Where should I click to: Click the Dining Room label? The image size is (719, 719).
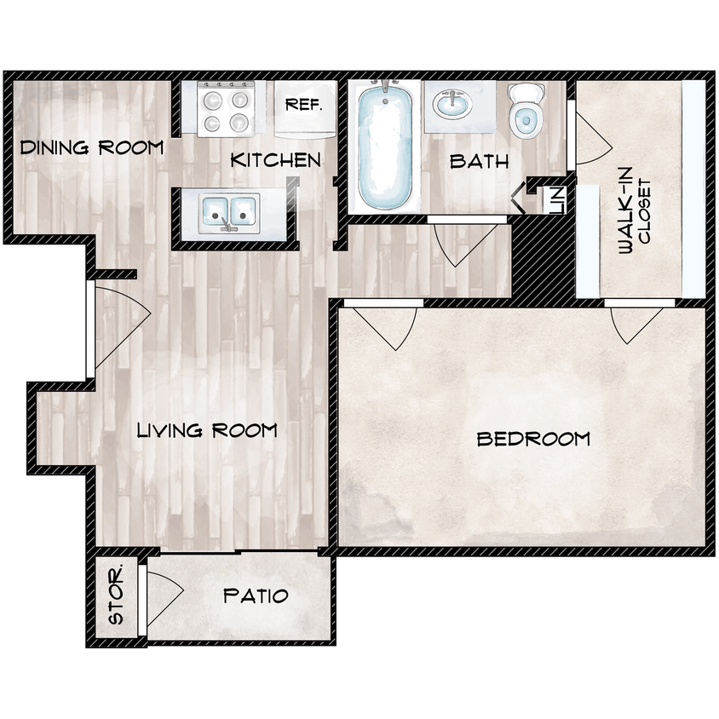[x=92, y=147]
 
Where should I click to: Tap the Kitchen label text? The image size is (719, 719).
[x=276, y=160]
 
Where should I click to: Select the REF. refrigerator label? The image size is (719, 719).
[x=302, y=106]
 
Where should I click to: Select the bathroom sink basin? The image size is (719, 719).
[x=457, y=106]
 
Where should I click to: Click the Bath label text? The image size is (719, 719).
[x=480, y=161]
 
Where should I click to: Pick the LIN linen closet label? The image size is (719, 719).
[x=556, y=201]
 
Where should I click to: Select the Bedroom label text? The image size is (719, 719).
[x=533, y=440]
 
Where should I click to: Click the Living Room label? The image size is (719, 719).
[x=207, y=430]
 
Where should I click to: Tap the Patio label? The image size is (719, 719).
[x=256, y=595]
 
